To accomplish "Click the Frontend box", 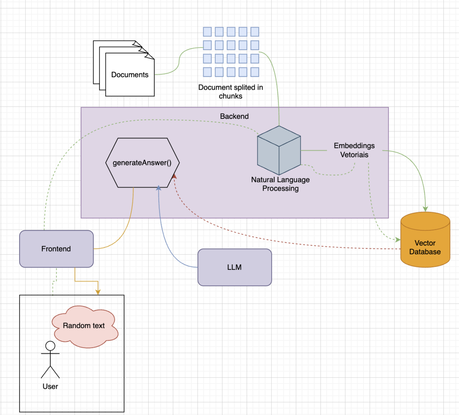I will pos(56,249).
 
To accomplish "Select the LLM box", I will pos(234,267).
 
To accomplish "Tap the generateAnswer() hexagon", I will pos(142,163).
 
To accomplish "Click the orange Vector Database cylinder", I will pos(425,245).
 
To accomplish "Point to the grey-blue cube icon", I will pos(279,151).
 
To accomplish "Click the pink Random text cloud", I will pos(84,326).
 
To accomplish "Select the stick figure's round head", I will pos(50,346).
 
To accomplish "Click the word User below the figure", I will pos(50,386).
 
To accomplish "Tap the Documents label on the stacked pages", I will pos(130,75).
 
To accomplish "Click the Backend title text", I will pos(234,116).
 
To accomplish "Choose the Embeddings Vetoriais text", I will pos(354,150).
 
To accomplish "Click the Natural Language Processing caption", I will pos(280,184).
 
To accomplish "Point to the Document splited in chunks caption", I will pos(230,92).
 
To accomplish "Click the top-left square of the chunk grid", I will pos(207,32).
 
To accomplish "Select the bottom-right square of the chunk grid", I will pos(255,72).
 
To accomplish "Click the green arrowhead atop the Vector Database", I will pos(425,209).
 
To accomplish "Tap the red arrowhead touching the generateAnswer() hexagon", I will pos(174,177).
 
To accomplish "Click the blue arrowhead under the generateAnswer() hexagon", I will pos(159,188).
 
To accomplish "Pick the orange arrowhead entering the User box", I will pos(98,292).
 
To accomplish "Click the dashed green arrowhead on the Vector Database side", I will pos(398,239).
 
